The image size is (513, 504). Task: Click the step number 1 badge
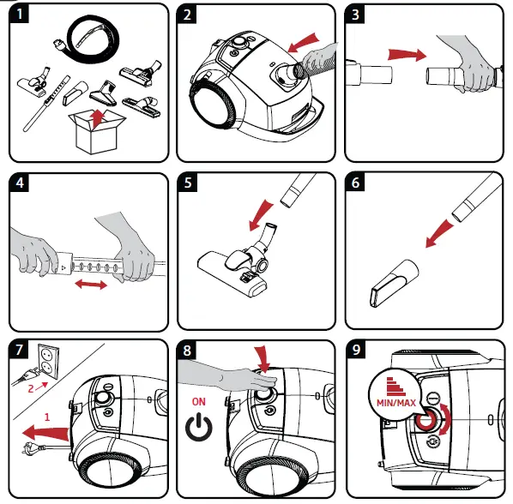click(20, 14)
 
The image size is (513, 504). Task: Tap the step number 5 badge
click(188, 183)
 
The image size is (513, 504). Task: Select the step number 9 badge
click(356, 350)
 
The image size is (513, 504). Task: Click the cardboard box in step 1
click(97, 132)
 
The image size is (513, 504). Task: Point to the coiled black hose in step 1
click(88, 39)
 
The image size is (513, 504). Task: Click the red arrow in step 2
click(303, 43)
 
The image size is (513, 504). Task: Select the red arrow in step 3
click(407, 54)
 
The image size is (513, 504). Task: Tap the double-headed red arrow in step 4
click(91, 285)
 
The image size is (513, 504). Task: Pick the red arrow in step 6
click(439, 234)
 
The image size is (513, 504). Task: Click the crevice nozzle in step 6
click(394, 283)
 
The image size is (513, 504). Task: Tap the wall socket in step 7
click(48, 361)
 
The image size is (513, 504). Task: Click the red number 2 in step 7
click(31, 388)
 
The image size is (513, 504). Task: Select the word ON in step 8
click(198, 402)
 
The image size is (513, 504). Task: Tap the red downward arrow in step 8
click(263, 360)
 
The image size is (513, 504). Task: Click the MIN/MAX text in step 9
click(395, 403)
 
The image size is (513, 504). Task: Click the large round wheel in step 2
click(214, 104)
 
